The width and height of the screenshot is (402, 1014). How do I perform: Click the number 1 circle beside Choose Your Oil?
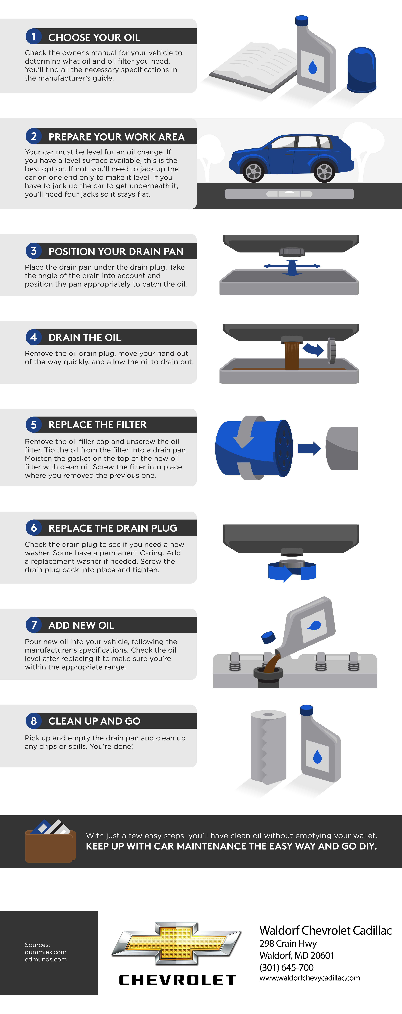point(33,37)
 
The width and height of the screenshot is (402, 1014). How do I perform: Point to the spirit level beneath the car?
point(289,194)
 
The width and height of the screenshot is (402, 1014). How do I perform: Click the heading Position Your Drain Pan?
point(116,251)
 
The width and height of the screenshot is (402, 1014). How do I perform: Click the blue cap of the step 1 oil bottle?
point(302,21)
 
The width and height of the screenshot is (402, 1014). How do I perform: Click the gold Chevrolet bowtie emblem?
point(176,943)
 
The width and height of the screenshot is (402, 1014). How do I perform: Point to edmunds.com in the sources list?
point(46,959)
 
